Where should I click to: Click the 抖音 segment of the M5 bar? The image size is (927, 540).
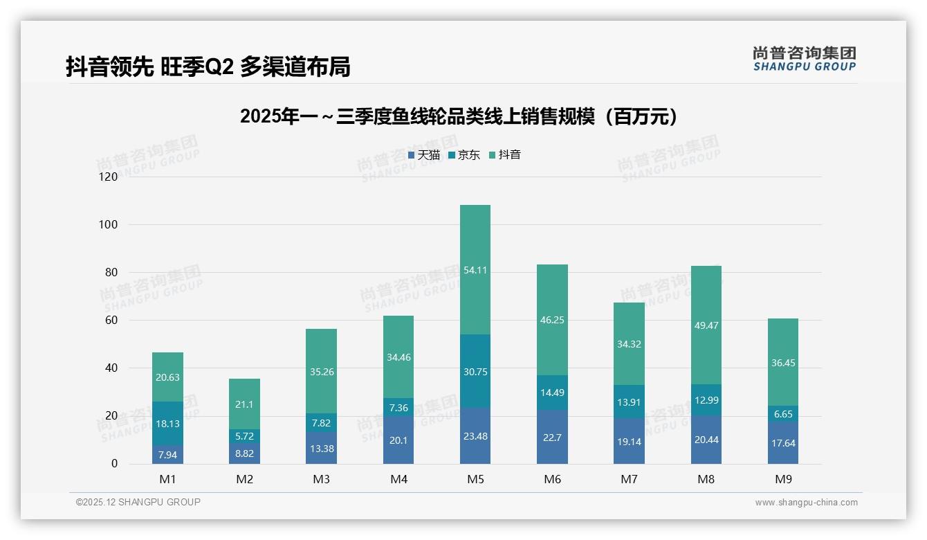pyautogui.click(x=475, y=270)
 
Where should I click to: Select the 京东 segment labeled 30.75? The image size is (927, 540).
pyautogui.click(x=475, y=371)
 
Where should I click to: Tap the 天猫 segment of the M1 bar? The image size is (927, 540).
pyautogui.click(x=167, y=454)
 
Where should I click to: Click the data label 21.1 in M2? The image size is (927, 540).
pyautogui.click(x=244, y=404)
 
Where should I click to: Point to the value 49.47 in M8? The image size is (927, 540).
pyautogui.click(x=706, y=325)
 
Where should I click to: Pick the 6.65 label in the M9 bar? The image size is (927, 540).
pyautogui.click(x=783, y=413)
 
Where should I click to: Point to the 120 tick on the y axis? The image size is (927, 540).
pyautogui.click(x=109, y=177)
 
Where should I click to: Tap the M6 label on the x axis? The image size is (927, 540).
pyautogui.click(x=552, y=479)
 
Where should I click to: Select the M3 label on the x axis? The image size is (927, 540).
pyautogui.click(x=321, y=479)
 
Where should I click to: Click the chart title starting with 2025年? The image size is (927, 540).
pyautogui.click(x=459, y=117)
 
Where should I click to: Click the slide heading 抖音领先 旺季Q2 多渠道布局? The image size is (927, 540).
pyautogui.click(x=208, y=66)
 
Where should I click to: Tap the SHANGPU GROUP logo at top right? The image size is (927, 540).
pyautogui.click(x=804, y=59)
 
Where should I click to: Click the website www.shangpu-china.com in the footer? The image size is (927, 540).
pyautogui.click(x=806, y=503)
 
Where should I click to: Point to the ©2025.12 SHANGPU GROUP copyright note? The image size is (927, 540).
pyautogui.click(x=138, y=503)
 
